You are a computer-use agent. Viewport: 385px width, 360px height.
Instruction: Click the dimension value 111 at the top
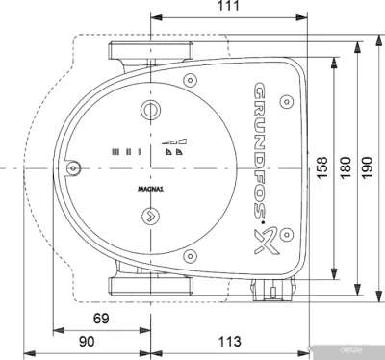point(227,8)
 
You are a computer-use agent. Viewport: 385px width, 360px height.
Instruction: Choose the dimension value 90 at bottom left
point(88,342)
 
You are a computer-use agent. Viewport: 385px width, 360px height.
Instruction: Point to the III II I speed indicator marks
point(126,152)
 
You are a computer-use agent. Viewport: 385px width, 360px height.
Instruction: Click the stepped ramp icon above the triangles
point(172,138)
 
